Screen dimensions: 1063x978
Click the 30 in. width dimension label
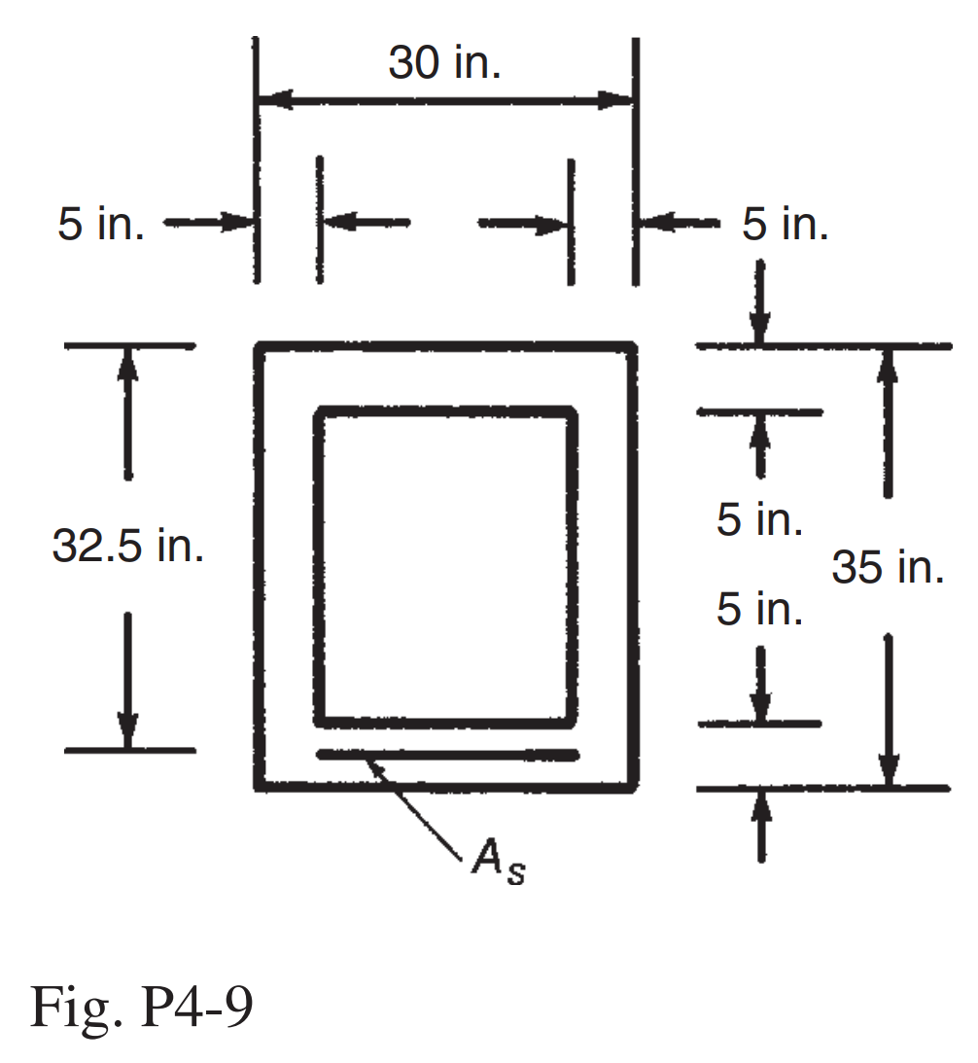444,64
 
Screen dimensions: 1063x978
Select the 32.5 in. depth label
128,548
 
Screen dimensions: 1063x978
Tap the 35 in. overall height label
888,567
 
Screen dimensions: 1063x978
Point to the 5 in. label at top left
101,225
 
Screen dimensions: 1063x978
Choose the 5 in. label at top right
786,225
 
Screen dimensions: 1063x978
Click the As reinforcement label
497,862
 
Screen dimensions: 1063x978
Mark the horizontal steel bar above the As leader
447,754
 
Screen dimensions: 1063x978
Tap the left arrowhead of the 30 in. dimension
274,99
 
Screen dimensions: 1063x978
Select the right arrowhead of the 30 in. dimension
616,99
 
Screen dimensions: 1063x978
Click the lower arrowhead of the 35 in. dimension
887,768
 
